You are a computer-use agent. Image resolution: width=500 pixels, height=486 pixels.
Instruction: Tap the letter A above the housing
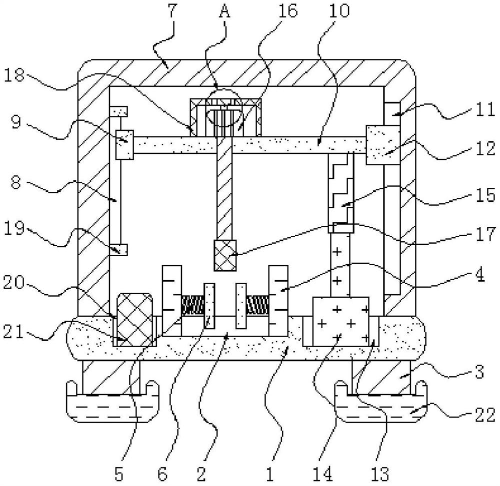[x=224, y=11]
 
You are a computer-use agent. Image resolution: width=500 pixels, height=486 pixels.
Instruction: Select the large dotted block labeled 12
[x=383, y=144]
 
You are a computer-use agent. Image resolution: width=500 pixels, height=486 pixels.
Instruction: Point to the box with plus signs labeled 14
[x=340, y=321]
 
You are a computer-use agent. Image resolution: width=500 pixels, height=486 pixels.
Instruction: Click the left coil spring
[x=192, y=305]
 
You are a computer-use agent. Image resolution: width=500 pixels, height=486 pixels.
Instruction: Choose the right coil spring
[x=257, y=304]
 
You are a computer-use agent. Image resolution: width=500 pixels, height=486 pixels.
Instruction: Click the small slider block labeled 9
[x=125, y=144]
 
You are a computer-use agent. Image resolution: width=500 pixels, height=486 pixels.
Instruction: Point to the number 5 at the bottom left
[x=119, y=473]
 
